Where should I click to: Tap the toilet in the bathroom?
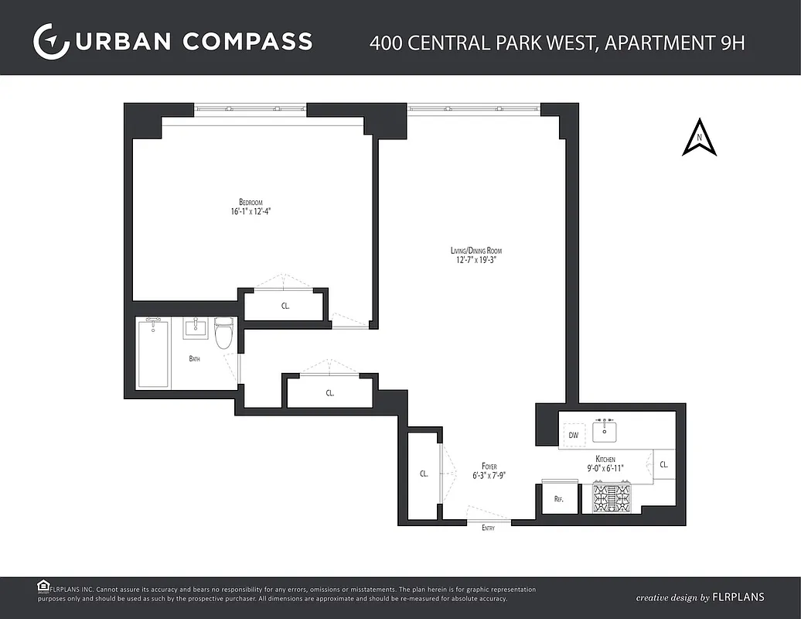223,333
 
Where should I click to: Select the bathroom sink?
196,328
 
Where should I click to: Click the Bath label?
195,359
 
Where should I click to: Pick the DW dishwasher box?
574,436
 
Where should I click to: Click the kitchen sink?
605,429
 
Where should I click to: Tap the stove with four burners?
612,498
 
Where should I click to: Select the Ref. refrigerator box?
559,500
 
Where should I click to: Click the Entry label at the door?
488,528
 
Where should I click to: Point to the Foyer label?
489,467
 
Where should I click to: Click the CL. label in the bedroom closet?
285,306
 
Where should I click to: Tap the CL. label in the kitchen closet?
663,465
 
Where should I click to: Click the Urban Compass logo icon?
52,41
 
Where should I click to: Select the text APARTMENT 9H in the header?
674,42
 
